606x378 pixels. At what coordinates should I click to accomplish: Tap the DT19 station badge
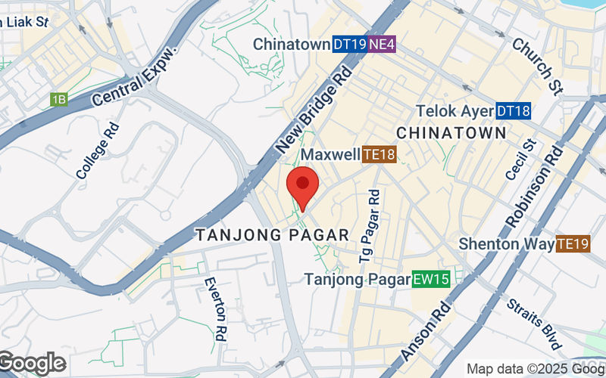tap(349, 45)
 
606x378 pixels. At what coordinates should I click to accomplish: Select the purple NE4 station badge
tap(382, 45)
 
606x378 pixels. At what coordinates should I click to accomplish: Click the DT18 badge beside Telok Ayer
tap(513, 111)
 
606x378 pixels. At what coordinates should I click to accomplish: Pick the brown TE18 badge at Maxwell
tap(380, 156)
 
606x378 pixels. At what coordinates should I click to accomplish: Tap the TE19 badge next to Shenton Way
tap(573, 244)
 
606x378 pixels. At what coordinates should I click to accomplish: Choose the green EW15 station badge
tap(431, 280)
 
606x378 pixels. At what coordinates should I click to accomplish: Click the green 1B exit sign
tap(59, 99)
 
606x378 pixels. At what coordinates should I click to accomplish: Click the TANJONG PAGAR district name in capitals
tap(273, 235)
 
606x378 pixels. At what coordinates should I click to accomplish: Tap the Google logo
tap(32, 364)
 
